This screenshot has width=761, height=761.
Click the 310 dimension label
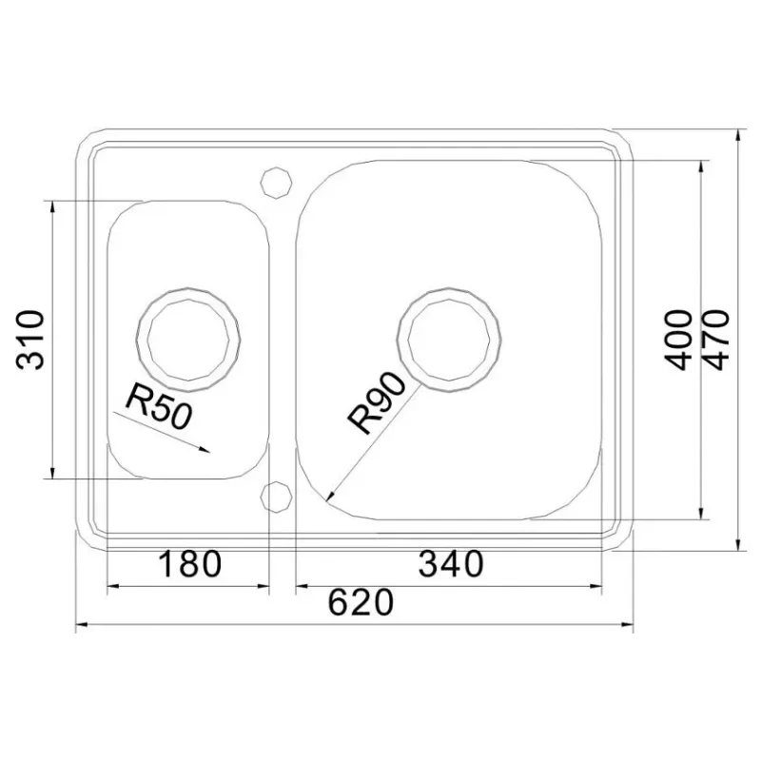[x=30, y=340]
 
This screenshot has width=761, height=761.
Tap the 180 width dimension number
[x=189, y=563]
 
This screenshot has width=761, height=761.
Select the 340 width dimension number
[x=451, y=563]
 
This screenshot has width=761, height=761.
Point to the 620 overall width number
[x=361, y=602]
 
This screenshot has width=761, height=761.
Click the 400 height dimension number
[x=678, y=341]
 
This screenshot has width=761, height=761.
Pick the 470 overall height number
[x=715, y=341]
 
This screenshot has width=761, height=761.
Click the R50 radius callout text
[x=159, y=406]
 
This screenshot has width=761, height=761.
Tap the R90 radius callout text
[x=376, y=402]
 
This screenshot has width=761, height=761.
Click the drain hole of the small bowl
[x=188, y=340]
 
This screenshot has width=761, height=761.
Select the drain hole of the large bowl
[x=449, y=340]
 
